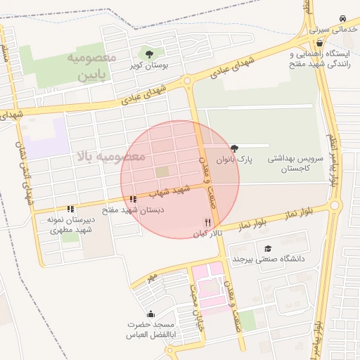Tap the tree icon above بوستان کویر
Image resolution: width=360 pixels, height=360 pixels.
[148, 53]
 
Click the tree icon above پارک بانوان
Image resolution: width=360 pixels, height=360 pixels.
[234, 148]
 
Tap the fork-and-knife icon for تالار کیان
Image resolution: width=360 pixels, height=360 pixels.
[207, 221]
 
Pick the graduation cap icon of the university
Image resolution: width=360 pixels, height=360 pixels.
[267, 248]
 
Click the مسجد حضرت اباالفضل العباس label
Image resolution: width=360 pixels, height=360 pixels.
[150, 330]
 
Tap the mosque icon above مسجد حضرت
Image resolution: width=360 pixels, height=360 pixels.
[150, 314]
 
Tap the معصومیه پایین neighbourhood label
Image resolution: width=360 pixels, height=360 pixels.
[91, 65]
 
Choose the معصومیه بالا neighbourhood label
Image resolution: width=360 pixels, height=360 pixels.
[109, 156]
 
